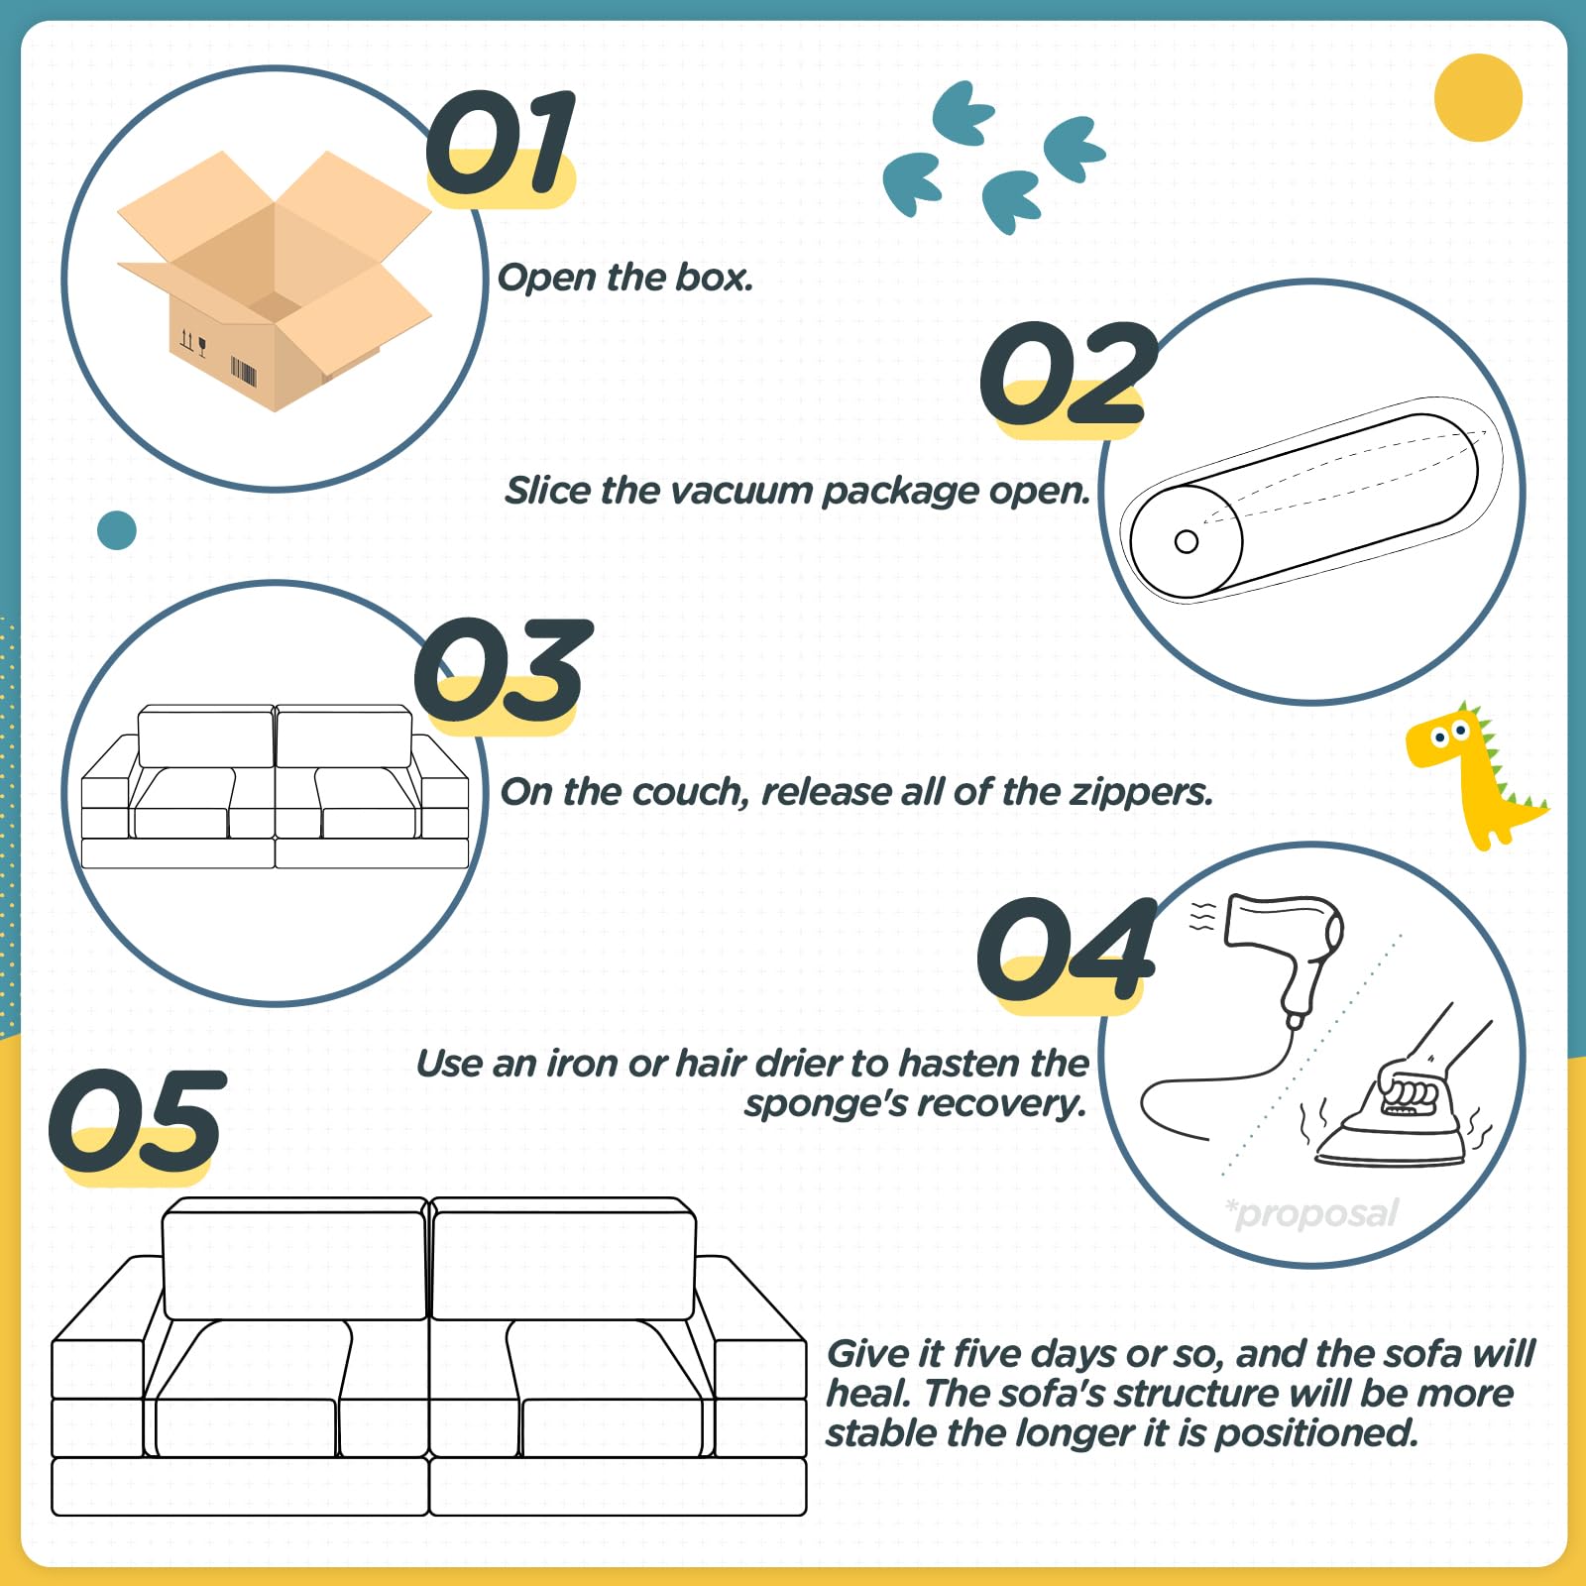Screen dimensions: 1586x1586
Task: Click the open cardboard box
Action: [275, 281]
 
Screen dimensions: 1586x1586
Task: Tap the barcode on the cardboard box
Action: [244, 371]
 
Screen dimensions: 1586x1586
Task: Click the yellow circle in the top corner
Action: [1478, 98]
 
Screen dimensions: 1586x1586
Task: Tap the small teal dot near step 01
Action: [117, 530]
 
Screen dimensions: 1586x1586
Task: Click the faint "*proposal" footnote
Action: [1311, 1213]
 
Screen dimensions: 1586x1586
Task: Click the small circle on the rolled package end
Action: [1187, 541]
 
